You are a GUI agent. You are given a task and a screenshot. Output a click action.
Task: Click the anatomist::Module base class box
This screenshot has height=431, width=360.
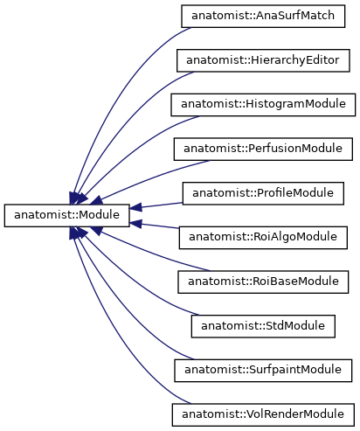pos(66,215)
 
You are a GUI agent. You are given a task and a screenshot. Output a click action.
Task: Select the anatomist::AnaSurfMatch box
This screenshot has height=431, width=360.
pos(263,17)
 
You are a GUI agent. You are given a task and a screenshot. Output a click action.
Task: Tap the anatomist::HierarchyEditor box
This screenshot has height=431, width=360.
pos(263,60)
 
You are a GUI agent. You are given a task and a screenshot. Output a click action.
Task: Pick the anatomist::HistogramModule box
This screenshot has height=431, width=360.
pos(263,105)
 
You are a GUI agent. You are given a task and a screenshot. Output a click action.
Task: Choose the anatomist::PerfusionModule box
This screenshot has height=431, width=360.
pos(263,149)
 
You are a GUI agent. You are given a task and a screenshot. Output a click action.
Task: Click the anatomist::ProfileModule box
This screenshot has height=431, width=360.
pos(263,193)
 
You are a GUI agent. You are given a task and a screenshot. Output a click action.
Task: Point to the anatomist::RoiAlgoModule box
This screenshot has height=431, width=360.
pos(263,238)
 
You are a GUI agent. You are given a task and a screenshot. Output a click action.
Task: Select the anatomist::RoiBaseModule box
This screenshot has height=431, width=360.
pos(263,282)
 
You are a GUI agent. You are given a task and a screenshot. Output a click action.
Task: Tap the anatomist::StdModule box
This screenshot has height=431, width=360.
pos(263,326)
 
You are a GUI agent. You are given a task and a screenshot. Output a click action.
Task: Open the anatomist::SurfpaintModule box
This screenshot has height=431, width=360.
pos(263,371)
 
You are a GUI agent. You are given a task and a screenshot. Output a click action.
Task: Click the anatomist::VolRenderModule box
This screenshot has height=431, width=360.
pos(263,415)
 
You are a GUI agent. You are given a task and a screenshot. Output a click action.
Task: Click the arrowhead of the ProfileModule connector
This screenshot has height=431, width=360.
pos(135,207)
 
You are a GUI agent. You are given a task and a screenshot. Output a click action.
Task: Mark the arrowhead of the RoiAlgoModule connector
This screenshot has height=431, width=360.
pos(135,224)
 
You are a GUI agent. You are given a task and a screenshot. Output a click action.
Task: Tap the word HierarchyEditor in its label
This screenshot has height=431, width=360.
pos(294,60)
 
